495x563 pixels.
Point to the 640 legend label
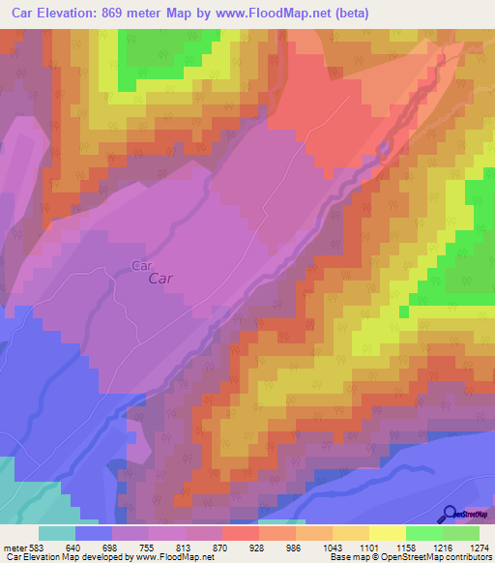coord(72,547)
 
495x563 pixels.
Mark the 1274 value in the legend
coord(480,547)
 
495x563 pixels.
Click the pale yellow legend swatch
coord(387,533)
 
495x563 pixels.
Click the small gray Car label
coord(142,264)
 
